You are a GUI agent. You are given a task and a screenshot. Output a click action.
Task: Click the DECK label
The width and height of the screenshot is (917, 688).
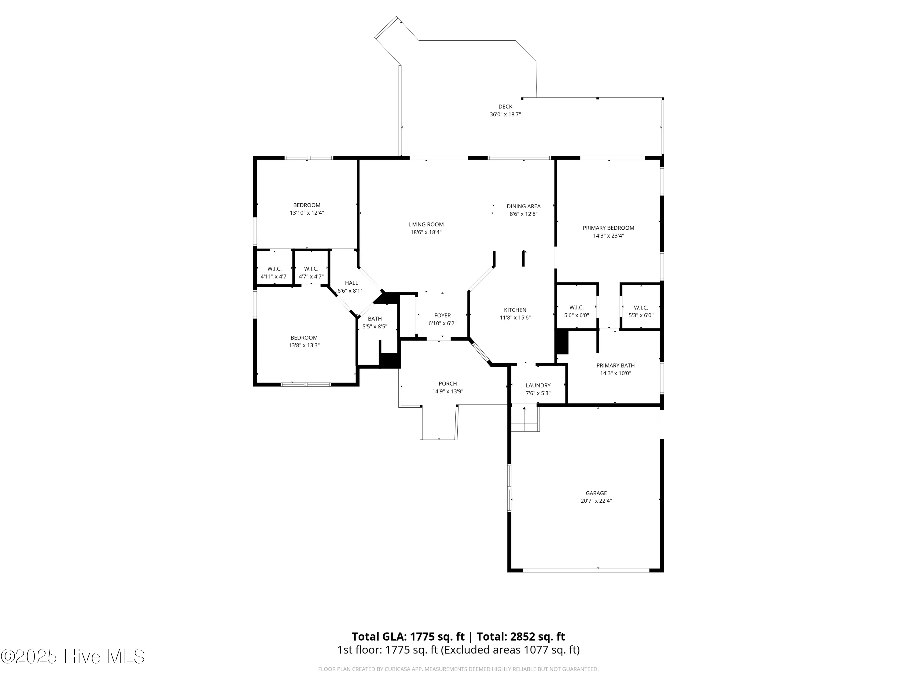click(505, 107)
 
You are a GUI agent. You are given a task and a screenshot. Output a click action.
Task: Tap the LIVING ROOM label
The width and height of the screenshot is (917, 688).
click(426, 224)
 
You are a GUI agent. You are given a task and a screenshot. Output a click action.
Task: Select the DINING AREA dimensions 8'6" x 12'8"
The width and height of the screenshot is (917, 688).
click(523, 214)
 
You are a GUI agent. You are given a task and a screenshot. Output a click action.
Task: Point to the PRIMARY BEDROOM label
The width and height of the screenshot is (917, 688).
click(608, 228)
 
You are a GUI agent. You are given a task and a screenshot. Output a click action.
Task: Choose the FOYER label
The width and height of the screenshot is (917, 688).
click(442, 316)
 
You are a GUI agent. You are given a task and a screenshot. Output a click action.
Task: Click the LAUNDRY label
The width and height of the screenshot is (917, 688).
click(538, 385)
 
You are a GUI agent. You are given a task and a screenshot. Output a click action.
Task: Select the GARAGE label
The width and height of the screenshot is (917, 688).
click(596, 493)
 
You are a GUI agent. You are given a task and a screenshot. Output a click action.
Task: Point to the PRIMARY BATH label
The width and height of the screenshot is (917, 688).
click(615, 365)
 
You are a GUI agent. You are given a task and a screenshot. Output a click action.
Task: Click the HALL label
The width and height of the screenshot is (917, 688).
click(351, 283)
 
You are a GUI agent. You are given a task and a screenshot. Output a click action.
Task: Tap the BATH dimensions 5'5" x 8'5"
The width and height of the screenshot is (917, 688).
click(375, 326)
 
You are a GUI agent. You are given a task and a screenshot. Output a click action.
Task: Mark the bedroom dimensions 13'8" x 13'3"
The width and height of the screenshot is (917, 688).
click(304, 346)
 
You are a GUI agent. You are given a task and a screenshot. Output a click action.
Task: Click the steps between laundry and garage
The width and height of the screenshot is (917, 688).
click(525, 419)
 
